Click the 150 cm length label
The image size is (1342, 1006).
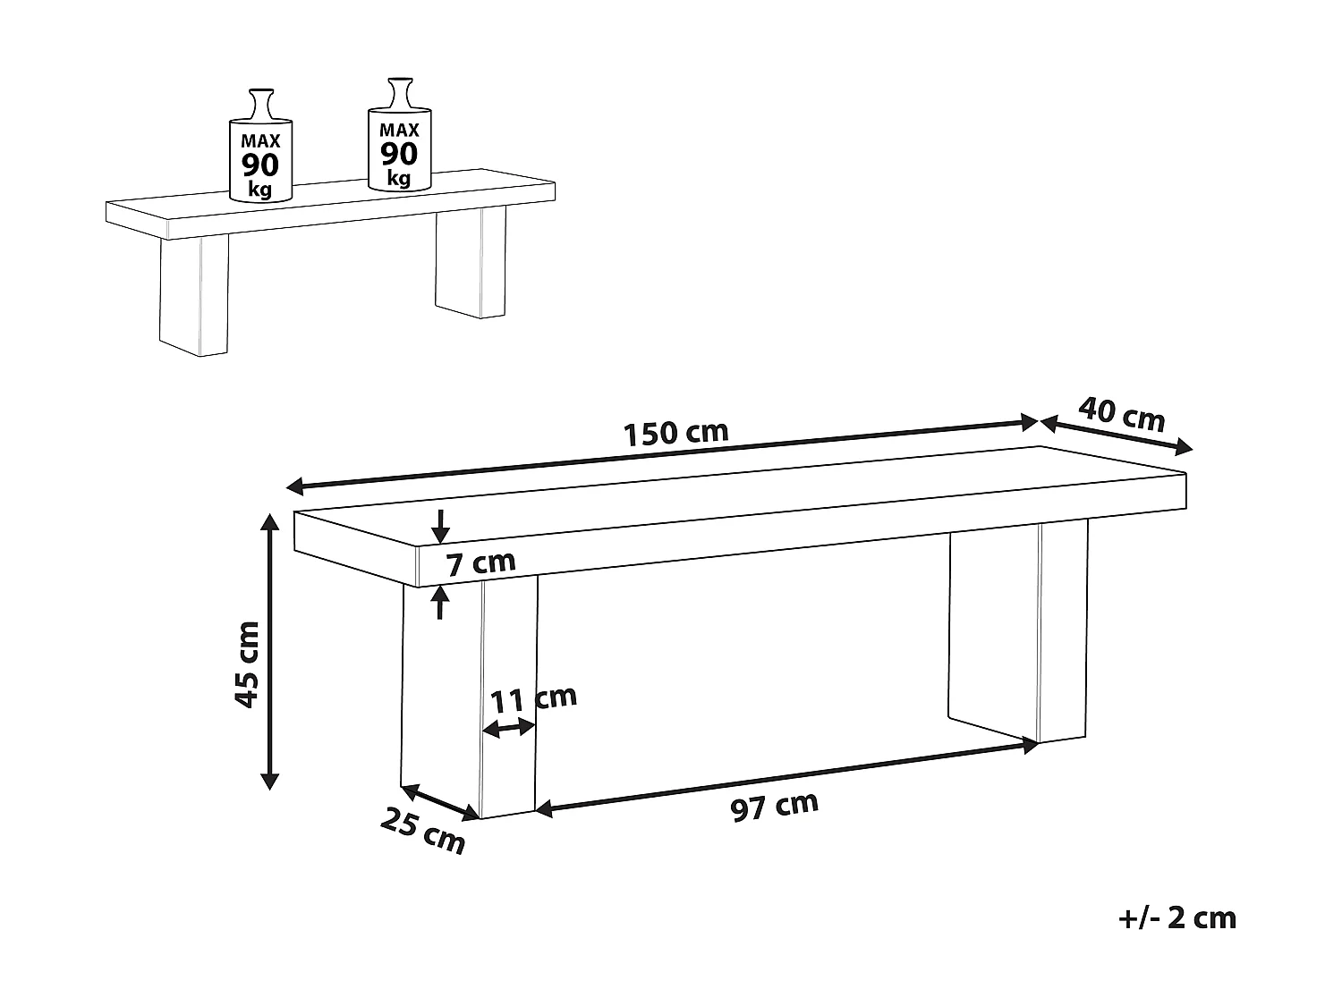tap(675, 433)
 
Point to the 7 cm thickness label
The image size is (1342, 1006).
tap(480, 563)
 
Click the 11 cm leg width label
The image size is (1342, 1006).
tap(534, 698)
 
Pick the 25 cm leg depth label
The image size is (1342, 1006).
tap(422, 829)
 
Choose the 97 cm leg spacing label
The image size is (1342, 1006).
tap(774, 806)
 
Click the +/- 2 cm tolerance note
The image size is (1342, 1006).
tap(1177, 917)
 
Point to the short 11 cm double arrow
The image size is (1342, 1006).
tap(508, 730)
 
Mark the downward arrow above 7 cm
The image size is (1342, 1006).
tap(439, 526)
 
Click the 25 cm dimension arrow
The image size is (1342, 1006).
tap(438, 800)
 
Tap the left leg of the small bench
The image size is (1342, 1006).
tap(194, 295)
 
